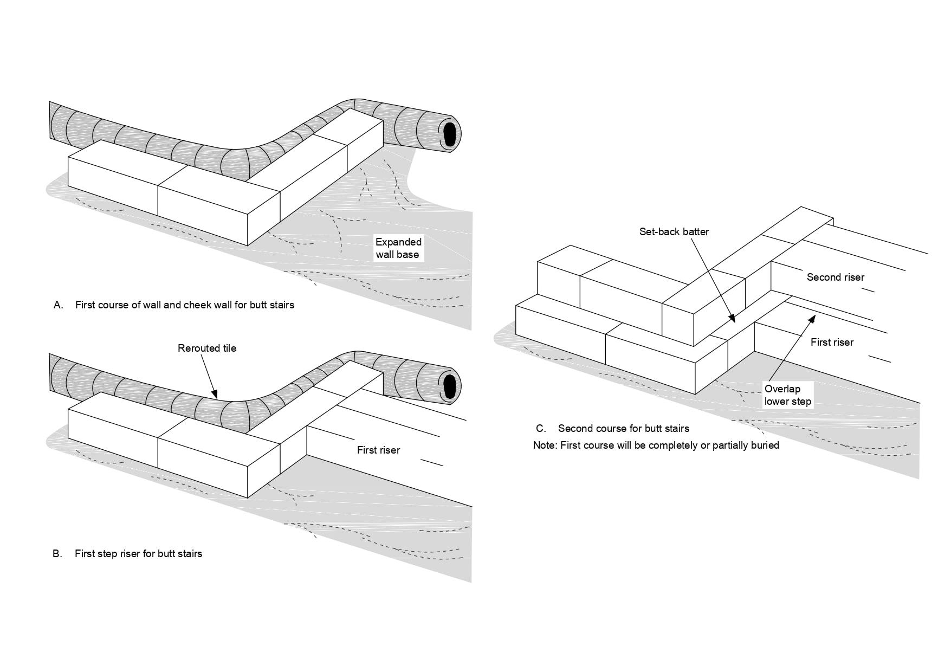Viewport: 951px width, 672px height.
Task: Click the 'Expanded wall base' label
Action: pyautogui.click(x=398, y=248)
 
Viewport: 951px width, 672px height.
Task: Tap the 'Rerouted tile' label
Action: pyautogui.click(x=207, y=348)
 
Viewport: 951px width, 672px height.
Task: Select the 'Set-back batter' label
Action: pyautogui.click(x=674, y=231)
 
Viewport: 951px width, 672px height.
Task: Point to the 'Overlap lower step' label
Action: pyautogui.click(x=787, y=395)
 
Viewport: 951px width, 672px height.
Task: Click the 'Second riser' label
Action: pyautogui.click(x=835, y=277)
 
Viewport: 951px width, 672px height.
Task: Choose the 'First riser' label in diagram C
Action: pyautogui.click(x=832, y=342)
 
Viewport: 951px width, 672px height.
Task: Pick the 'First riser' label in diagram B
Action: pyautogui.click(x=378, y=450)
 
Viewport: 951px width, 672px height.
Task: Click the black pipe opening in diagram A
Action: pyautogui.click(x=449, y=134)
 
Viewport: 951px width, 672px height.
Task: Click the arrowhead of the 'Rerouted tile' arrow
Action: pyautogui.click(x=215, y=395)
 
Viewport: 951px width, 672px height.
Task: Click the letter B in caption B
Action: pyautogui.click(x=57, y=553)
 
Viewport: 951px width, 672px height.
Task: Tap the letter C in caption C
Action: pyautogui.click(x=540, y=428)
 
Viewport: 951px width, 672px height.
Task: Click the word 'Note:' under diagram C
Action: pyautogui.click(x=545, y=445)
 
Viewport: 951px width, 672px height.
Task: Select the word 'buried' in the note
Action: pyautogui.click(x=765, y=445)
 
